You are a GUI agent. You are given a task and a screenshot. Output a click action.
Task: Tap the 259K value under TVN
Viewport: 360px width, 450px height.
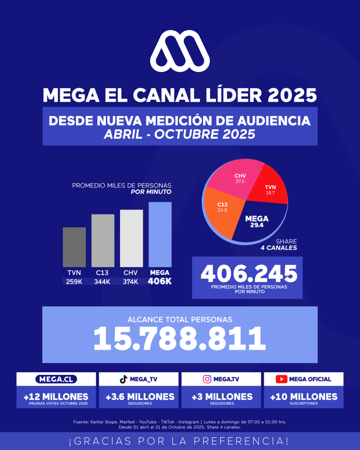pos(74,282)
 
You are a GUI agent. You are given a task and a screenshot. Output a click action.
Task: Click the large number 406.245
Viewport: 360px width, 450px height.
pos(249,274)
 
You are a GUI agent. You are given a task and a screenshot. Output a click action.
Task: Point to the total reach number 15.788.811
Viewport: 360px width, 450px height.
pos(180,338)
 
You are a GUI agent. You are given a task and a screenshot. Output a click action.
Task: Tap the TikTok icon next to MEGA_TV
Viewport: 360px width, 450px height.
pos(124,379)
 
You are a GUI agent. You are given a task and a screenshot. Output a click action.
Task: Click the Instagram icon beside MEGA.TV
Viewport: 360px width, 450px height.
pos(207,379)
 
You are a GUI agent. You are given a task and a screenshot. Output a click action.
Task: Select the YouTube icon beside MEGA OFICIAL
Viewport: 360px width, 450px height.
pos(281,379)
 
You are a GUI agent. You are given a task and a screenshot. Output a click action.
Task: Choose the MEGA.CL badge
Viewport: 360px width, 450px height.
pos(56,379)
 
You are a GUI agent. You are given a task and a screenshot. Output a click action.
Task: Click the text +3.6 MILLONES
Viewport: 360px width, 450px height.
pos(140,397)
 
